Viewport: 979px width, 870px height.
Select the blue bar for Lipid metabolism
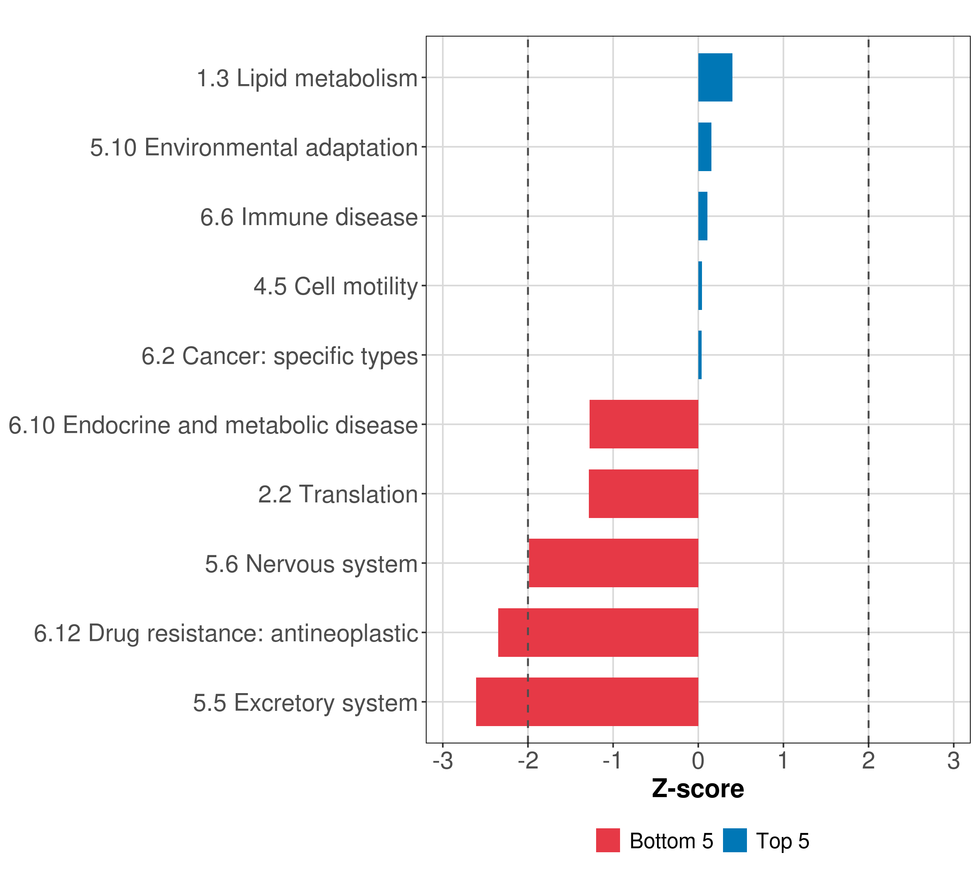tap(715, 78)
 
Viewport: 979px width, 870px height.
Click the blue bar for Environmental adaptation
tap(705, 147)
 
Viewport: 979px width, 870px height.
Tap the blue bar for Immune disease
tap(703, 216)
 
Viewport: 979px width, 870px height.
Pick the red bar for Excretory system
tap(587, 702)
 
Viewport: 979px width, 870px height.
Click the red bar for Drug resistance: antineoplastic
tap(598, 633)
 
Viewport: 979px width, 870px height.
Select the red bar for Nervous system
tap(613, 563)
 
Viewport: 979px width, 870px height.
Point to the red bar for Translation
tap(643, 494)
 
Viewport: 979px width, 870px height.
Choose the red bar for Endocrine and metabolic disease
tap(644, 424)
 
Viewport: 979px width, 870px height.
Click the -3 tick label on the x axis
tap(443, 761)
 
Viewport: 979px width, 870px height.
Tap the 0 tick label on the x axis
tap(698, 761)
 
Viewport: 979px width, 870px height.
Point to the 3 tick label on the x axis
tap(953, 761)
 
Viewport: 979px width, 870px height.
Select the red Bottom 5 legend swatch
tap(608, 840)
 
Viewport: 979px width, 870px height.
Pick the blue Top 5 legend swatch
tap(735, 840)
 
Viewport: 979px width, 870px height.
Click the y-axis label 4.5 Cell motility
tap(336, 286)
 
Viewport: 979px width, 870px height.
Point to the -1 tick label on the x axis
tap(612, 761)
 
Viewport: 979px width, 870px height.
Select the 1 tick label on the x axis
tap(783, 761)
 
